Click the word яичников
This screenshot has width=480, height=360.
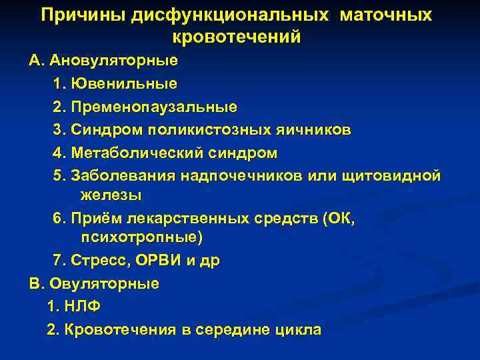pos(317,129)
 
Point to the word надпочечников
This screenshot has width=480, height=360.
pos(261,175)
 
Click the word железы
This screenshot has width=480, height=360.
pos(111,195)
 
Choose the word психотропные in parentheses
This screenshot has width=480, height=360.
pos(140,237)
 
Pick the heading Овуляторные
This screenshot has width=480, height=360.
pos(102,283)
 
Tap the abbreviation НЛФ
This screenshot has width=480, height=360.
pos(83,307)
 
